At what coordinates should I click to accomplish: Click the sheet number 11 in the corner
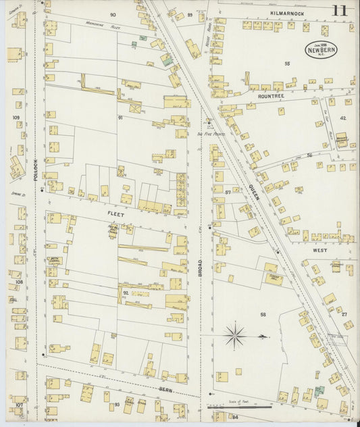(340, 11)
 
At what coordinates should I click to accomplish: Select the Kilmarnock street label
(286, 14)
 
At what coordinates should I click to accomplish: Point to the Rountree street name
(272, 97)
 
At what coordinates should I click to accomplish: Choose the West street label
(319, 249)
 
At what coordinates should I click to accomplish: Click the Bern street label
(167, 390)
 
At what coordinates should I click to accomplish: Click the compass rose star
(235, 333)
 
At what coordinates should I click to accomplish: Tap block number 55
(287, 64)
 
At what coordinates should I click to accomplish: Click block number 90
(112, 14)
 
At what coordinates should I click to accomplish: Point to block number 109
(16, 117)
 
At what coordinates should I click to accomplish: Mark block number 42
(342, 118)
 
